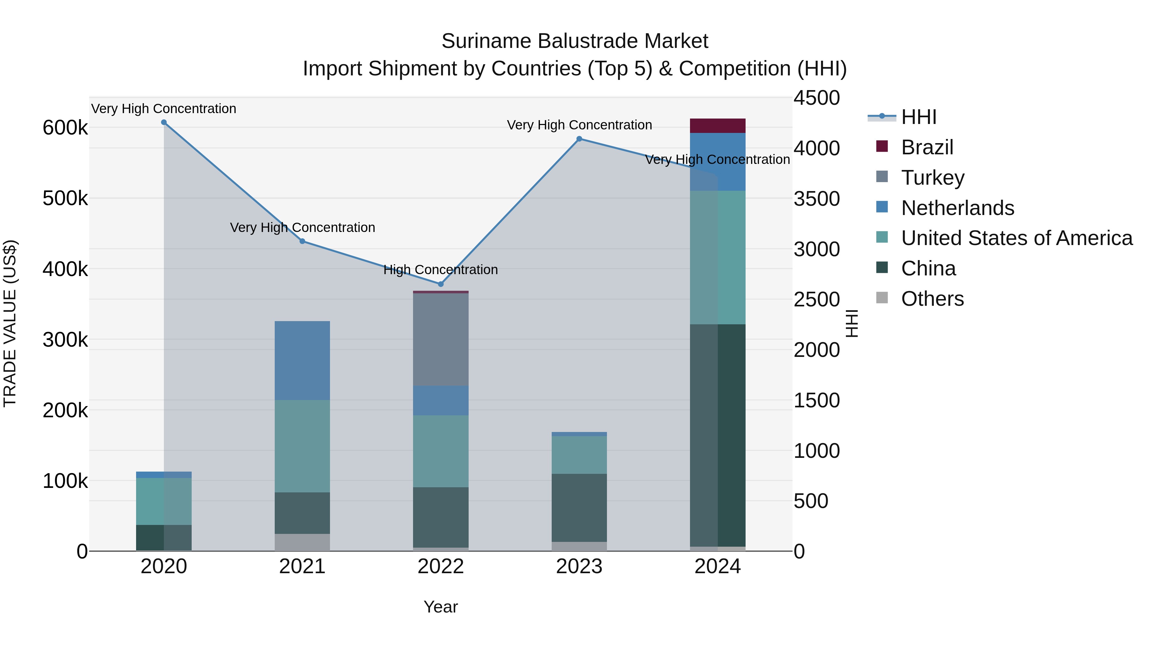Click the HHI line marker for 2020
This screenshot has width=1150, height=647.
pyautogui.click(x=164, y=122)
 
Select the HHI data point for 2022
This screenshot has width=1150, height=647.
pyautogui.click(x=441, y=284)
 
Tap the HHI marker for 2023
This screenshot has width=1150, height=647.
pyautogui.click(x=579, y=139)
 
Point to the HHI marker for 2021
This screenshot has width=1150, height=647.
pyautogui.click(x=302, y=241)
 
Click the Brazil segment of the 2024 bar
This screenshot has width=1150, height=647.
pyautogui.click(x=717, y=126)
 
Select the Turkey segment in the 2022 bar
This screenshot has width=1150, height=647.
pyautogui.click(x=441, y=339)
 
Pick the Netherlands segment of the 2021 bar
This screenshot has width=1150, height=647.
pyautogui.click(x=302, y=360)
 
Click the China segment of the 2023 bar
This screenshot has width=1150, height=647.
pyautogui.click(x=579, y=508)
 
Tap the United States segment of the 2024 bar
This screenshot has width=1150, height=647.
pyautogui.click(x=717, y=257)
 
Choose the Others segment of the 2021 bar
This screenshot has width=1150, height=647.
pyautogui.click(x=302, y=542)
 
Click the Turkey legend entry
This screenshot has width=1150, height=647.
pyautogui.click(x=932, y=178)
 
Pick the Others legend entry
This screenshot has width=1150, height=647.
pyautogui.click(x=932, y=299)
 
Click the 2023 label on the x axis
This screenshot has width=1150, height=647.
pyautogui.click(x=579, y=566)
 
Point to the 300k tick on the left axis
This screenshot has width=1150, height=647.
pyautogui.click(x=65, y=340)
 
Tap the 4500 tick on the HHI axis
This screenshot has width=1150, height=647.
pyautogui.click(x=816, y=98)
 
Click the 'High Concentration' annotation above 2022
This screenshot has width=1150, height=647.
pyautogui.click(x=441, y=270)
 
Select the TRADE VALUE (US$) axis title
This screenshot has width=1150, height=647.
pyautogui.click(x=10, y=323)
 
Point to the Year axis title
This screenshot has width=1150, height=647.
pyautogui.click(x=441, y=607)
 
